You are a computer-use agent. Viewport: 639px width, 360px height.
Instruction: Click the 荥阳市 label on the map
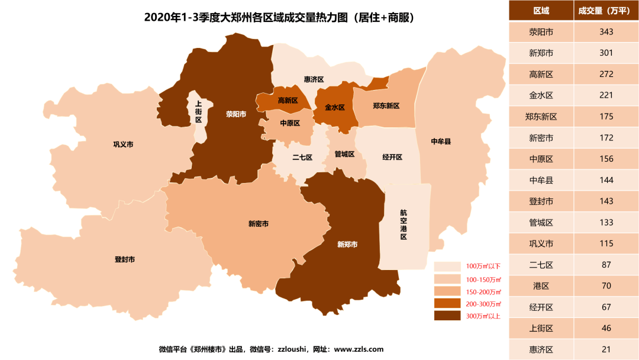pyautogui.click(x=235, y=114)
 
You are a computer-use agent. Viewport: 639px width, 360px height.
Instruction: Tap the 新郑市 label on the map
pyautogui.click(x=347, y=244)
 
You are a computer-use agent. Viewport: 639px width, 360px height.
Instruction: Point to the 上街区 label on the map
pyautogui.click(x=198, y=111)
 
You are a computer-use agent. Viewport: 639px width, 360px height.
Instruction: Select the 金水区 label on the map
pyautogui.click(x=334, y=108)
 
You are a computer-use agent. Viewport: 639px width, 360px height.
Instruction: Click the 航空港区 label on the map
pyautogui.click(x=404, y=224)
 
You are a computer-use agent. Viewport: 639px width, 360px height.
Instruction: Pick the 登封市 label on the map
pyautogui.click(x=124, y=259)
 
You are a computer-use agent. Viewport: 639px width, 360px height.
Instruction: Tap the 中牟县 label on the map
pyautogui.click(x=441, y=142)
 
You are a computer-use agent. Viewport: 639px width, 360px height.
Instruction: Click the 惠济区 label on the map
pyautogui.click(x=314, y=79)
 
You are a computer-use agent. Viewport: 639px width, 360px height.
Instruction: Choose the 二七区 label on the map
pyautogui.click(x=302, y=157)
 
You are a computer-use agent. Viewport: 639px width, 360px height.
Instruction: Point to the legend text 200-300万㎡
pyautogui.click(x=483, y=303)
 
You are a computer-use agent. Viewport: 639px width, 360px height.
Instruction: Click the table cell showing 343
pyautogui.click(x=606, y=31)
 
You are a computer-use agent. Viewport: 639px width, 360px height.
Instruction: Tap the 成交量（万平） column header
pyautogui.click(x=606, y=11)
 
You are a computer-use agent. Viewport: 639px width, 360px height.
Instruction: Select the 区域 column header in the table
pyautogui.click(x=541, y=11)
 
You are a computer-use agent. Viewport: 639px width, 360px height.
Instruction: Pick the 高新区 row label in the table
pyautogui.click(x=541, y=74)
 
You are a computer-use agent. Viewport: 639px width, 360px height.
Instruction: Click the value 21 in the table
pyautogui.click(x=606, y=349)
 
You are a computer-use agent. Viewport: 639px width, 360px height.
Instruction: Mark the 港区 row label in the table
pyautogui.click(x=541, y=286)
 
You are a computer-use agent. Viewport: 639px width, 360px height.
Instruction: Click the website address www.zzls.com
pyautogui.click(x=359, y=349)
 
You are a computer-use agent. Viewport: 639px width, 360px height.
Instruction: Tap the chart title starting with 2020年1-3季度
pyautogui.click(x=278, y=17)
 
